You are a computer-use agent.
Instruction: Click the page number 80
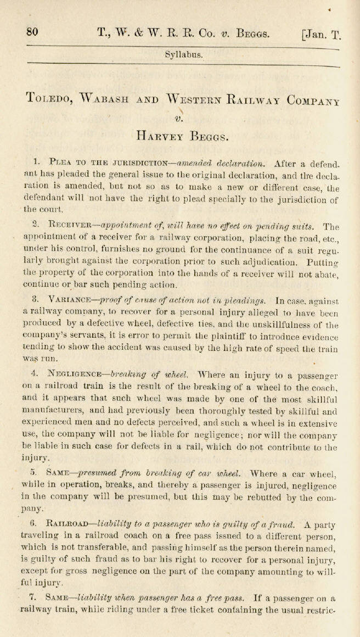[32, 31]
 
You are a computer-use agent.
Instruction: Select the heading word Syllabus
[184, 54]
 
